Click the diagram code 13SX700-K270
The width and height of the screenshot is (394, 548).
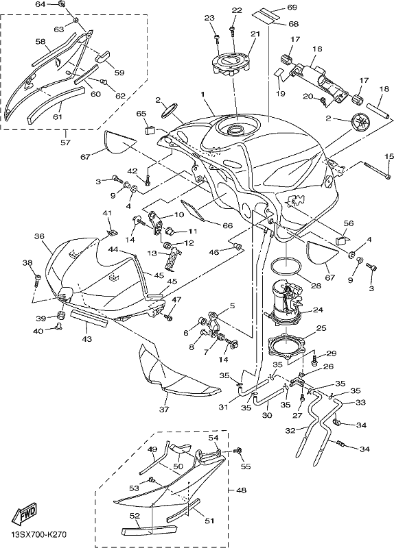pos(38,535)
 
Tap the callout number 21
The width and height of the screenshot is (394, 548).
pos(255,34)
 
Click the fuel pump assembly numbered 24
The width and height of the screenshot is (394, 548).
pos(286,300)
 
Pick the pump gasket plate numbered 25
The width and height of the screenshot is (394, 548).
pos(286,345)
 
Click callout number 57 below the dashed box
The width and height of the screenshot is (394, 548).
pos(65,142)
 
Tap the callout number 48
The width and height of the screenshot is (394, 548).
pos(241,490)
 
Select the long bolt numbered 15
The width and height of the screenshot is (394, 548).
pos(377,170)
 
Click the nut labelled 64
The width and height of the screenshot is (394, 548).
pos(61,4)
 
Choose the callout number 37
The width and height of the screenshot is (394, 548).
pos(164,409)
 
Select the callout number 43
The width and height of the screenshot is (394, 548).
pos(87,338)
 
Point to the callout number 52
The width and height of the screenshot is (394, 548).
pos(135,516)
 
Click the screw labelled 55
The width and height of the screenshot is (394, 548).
pos(240,451)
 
